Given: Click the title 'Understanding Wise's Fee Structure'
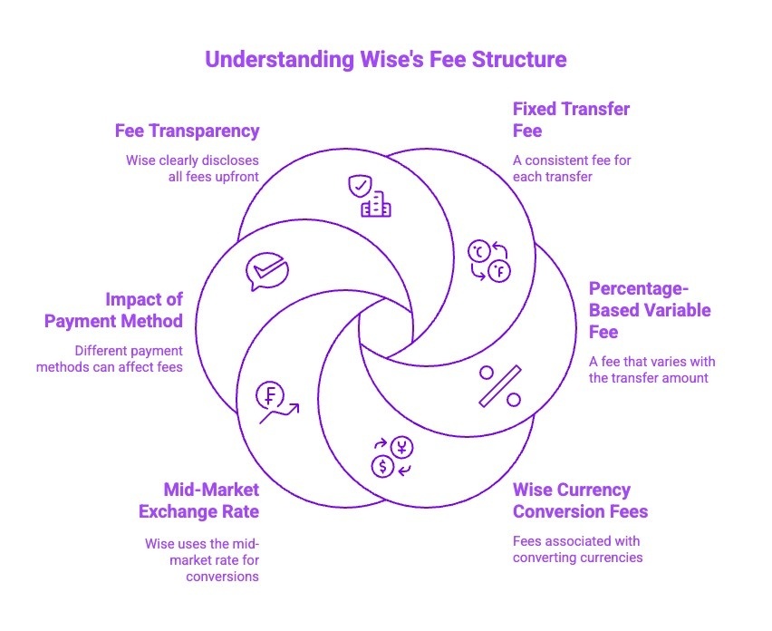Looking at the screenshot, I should (x=385, y=60).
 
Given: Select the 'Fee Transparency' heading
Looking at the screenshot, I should (x=187, y=131).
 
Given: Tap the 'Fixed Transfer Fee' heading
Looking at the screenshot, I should (x=571, y=120).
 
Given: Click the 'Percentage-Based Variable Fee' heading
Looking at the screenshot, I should (x=650, y=310).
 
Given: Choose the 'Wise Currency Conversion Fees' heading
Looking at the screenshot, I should (x=580, y=500).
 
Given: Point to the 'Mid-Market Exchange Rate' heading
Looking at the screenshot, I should (x=198, y=500).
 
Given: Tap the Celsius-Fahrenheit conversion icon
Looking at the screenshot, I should (x=487, y=260).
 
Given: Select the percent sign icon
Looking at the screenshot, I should (x=499, y=385).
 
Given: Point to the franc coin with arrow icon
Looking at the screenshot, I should (x=275, y=403).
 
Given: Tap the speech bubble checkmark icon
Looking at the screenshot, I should (x=266, y=270).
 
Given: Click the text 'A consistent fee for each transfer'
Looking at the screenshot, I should (x=572, y=168).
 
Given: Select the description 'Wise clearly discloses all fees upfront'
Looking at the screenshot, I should (x=192, y=168).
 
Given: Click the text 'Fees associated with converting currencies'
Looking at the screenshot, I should (x=577, y=548).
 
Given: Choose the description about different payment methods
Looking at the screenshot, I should (x=110, y=358).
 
